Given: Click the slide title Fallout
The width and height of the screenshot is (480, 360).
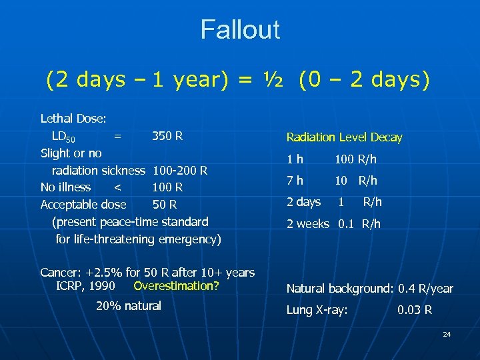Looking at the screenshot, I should pos(240,30).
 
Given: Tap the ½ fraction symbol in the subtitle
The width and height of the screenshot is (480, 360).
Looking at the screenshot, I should pos(273,80).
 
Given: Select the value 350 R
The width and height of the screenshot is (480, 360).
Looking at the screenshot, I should pos(167,137).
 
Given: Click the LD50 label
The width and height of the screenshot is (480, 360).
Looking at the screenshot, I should pos(64,137).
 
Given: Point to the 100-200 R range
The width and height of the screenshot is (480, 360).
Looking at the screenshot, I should pos(181,171).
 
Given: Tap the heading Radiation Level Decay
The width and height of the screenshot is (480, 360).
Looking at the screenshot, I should pos(344,137).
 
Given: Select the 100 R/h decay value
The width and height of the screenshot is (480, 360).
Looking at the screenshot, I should pos(355,159).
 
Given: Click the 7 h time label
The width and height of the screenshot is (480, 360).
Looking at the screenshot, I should pos(295,181).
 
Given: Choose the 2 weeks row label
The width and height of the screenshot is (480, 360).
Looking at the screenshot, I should pos(307,224).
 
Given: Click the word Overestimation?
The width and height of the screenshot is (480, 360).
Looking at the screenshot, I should pos(176,286).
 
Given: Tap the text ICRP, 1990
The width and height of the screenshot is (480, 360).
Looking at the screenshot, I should pos(86,286).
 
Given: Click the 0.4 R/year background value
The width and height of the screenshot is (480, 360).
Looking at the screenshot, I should pos(425,289).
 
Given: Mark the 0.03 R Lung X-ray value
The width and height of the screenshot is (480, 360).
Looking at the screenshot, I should pos(414,310).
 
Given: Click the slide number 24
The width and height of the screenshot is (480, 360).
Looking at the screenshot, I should pos(447,334).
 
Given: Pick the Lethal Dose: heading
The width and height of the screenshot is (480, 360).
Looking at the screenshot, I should pos(73,119).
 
